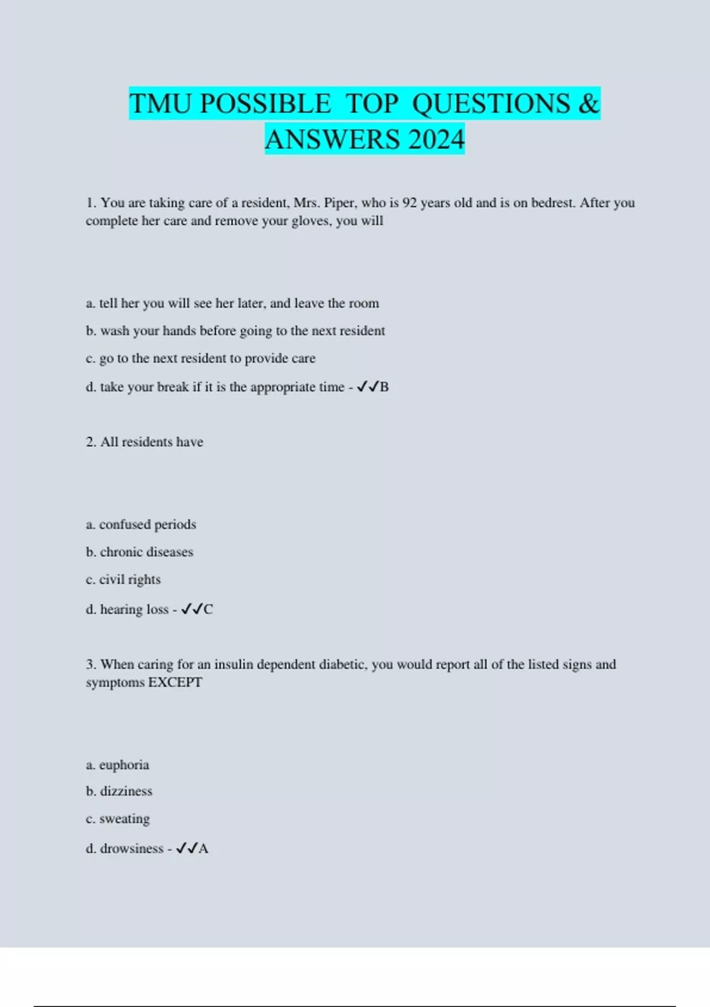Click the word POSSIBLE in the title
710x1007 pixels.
[265, 104]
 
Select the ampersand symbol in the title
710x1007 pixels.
[589, 104]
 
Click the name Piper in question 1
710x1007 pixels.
[339, 203]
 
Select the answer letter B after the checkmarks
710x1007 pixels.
[385, 387]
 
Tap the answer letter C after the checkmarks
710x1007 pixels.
[208, 610]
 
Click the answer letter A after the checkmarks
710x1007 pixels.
[204, 849]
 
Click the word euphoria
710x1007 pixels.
[124, 765]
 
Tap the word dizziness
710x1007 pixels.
[126, 791]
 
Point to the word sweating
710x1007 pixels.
[124, 819]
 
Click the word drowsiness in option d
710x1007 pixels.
[131, 849]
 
